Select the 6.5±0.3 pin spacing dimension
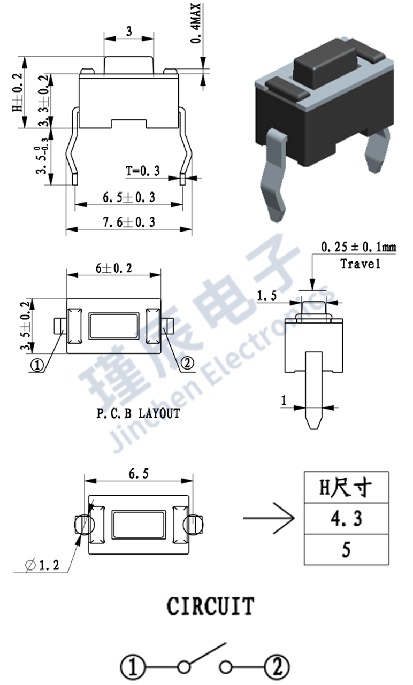point(128,197)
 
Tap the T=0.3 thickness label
point(143,171)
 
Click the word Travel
point(360,264)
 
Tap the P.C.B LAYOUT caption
point(138,413)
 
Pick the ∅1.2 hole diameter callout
point(43,565)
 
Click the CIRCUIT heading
point(210,606)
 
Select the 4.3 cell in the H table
point(346,518)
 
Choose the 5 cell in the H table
point(346,549)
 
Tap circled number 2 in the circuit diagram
point(277,667)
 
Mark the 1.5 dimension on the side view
point(266,296)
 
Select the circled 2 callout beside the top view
point(187,364)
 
